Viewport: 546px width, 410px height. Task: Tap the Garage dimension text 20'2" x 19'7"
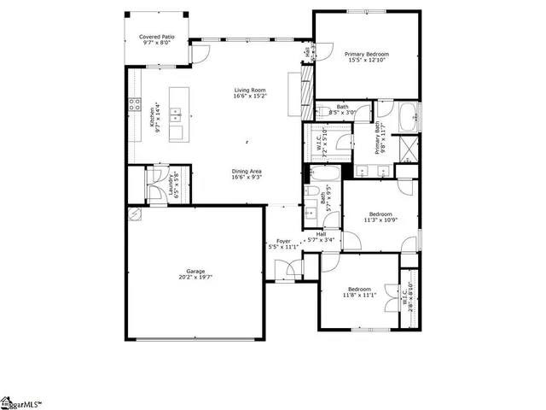point(195,277)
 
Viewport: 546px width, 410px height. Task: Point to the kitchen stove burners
point(135,106)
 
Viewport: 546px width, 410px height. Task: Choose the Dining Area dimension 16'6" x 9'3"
point(247,179)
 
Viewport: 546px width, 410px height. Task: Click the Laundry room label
point(175,185)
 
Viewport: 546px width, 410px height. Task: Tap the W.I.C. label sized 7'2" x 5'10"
point(320,143)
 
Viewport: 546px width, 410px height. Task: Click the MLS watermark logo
point(20,402)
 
